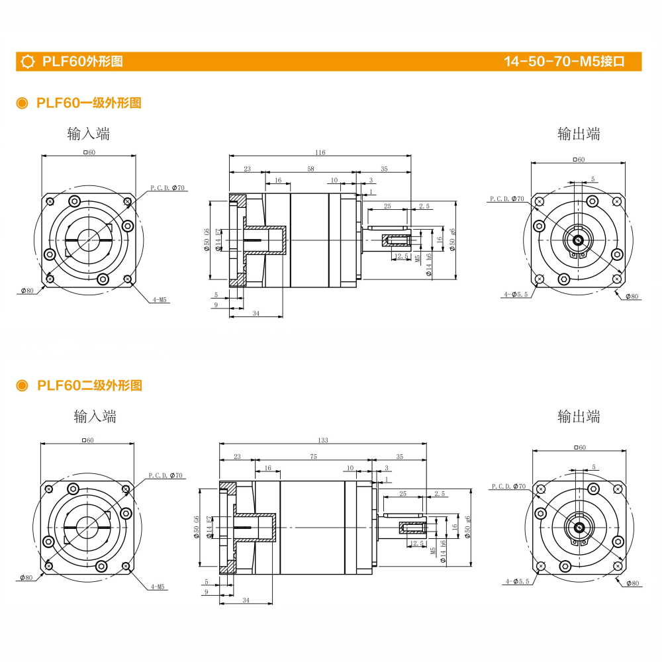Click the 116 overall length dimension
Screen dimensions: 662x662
[320, 153]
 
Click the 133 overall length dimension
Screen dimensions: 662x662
[323, 440]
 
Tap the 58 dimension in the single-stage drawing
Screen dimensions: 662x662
[310, 169]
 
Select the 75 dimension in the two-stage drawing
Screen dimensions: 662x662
[314, 457]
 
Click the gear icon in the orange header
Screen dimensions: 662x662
[28, 62]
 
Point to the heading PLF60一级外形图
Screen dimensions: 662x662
[89, 103]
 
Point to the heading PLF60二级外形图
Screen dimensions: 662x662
[89, 385]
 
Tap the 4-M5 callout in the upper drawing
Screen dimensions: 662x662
[160, 300]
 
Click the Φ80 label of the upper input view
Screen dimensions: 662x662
[27, 290]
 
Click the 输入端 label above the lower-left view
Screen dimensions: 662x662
[95, 416]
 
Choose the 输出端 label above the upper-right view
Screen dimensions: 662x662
[579, 134]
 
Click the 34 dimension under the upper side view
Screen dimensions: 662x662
[255, 314]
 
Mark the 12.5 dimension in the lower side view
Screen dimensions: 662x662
[417, 544]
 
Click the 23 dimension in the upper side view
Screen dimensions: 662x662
[247, 169]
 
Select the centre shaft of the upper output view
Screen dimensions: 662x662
[578, 240]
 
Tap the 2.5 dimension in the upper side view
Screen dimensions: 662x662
[424, 207]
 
